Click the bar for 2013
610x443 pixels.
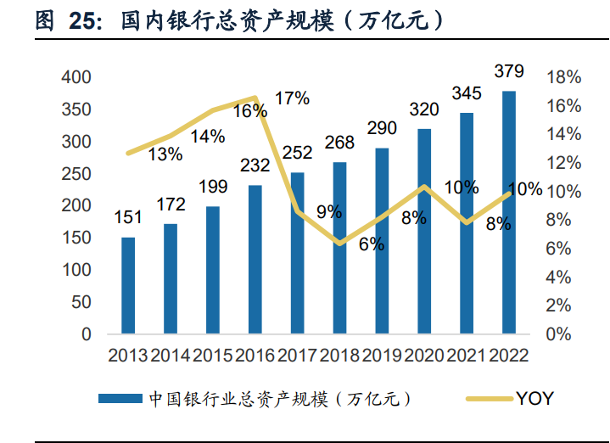128,285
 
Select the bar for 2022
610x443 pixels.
509,212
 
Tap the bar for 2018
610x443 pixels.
339,248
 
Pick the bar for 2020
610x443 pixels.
424,231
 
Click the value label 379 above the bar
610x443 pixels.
509,70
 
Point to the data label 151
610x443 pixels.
128,218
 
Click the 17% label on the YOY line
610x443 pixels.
292,98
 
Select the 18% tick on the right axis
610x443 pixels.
564,77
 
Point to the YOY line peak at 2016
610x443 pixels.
255,98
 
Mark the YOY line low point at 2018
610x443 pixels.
339,244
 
